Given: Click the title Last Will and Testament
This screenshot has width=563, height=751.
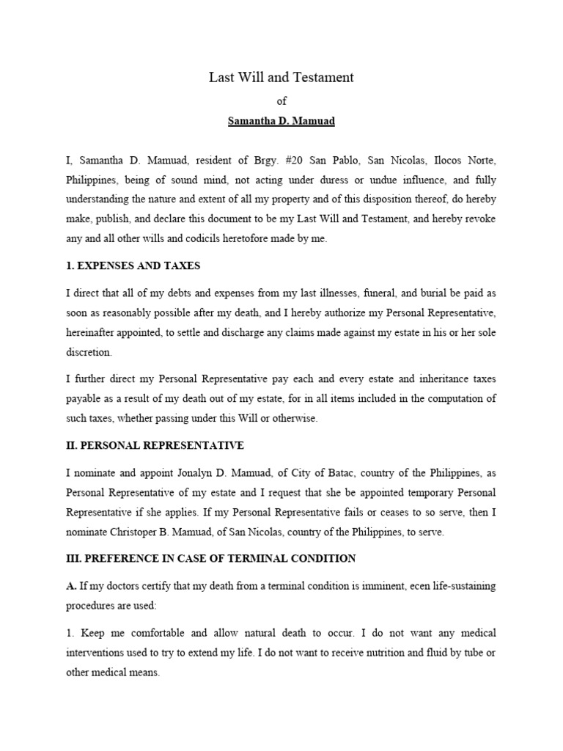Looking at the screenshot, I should click(x=281, y=77).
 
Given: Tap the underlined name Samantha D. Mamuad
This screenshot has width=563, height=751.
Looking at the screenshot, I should click(x=281, y=120).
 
